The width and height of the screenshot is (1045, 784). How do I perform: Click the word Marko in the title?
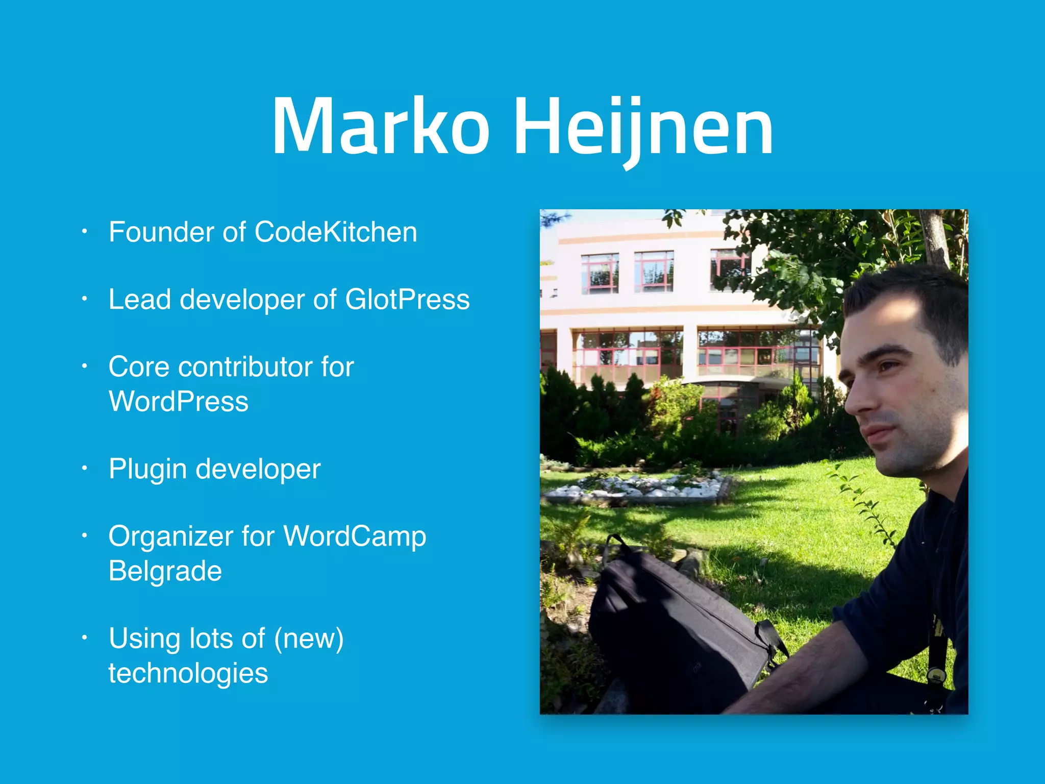(x=380, y=127)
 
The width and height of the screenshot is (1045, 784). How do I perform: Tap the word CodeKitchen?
(x=335, y=232)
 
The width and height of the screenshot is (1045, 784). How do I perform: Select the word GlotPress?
(x=407, y=300)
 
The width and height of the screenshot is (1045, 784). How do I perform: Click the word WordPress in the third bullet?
(x=178, y=402)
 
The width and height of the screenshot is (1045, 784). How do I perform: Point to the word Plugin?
(x=147, y=470)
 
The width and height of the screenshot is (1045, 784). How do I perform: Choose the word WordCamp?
(x=354, y=536)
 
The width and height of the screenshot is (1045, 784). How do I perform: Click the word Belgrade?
(x=165, y=571)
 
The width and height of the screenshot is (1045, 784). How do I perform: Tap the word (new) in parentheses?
(x=308, y=639)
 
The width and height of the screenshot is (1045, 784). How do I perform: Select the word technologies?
(x=188, y=673)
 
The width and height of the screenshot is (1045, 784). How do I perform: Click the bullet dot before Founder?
(x=85, y=232)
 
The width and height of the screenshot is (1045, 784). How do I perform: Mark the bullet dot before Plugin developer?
(x=85, y=469)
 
